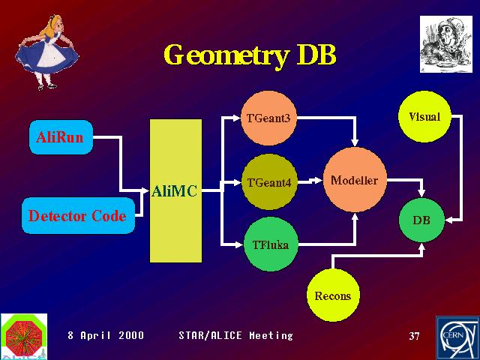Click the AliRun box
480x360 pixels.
(61, 137)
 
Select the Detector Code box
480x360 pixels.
(78, 215)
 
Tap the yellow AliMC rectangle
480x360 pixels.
(175, 190)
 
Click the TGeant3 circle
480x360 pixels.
(268, 118)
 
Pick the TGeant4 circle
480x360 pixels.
(269, 182)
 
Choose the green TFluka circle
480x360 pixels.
(271, 244)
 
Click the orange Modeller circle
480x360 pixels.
(355, 180)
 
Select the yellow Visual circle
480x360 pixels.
(424, 117)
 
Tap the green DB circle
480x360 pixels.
(421, 220)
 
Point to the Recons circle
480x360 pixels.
(333, 295)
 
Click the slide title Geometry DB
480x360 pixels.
(250, 55)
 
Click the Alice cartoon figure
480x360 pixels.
(46, 52)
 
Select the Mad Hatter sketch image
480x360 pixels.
(446, 44)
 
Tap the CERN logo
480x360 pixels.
(457, 338)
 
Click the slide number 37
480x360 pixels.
(414, 336)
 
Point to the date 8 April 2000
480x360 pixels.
(106, 335)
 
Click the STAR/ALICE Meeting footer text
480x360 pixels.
(235, 336)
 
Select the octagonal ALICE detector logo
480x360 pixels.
(24, 336)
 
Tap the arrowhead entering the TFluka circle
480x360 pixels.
(238, 244)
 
